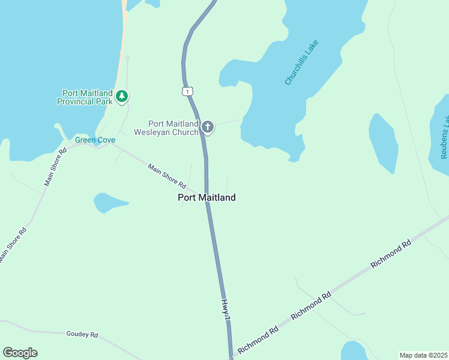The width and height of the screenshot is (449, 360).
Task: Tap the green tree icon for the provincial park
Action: [122, 96]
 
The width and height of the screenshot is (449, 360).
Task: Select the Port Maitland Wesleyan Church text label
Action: [166, 128]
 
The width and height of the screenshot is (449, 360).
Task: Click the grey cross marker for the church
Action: [208, 127]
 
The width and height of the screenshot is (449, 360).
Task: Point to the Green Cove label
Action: [95, 140]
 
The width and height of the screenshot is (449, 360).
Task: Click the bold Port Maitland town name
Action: [206, 197]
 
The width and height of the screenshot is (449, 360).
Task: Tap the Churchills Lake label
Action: [301, 62]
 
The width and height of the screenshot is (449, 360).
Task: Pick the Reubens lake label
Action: [444, 138]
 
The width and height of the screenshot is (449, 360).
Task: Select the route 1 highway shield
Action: [188, 91]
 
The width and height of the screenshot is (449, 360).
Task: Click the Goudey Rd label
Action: [82, 334]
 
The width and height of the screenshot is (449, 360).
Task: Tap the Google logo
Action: [20, 353]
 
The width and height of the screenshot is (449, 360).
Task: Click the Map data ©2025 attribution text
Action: [423, 355]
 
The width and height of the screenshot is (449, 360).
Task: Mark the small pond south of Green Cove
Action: [109, 202]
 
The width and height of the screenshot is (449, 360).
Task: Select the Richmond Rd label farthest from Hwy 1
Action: [391, 254]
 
